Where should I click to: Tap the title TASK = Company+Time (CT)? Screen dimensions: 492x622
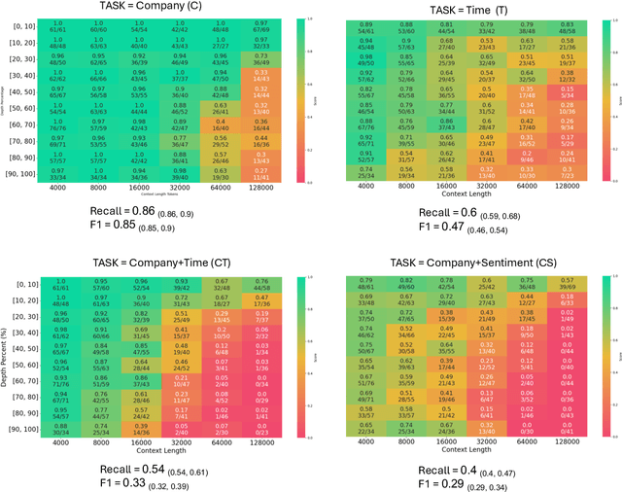pyautogui.click(x=152, y=252)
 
